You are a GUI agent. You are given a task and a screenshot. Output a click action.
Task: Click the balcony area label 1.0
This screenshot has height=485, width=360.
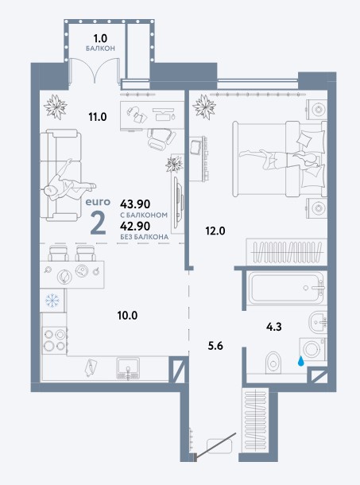(x=100, y=38)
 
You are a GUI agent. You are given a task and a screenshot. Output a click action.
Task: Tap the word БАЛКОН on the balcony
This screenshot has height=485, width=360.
(x=100, y=48)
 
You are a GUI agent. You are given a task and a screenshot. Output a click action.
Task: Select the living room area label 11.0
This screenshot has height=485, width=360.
(x=98, y=117)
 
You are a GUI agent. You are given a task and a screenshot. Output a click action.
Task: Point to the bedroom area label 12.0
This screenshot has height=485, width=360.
(x=215, y=231)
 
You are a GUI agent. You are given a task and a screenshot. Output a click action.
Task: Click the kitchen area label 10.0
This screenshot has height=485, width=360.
(x=127, y=315)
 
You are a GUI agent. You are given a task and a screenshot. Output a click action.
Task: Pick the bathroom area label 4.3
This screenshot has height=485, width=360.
(x=273, y=326)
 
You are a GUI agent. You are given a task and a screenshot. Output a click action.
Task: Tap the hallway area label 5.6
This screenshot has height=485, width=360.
(x=215, y=346)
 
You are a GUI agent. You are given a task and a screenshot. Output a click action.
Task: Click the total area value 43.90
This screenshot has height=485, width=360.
(x=135, y=204)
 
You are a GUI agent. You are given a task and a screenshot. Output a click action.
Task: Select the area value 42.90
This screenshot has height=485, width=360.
(x=135, y=226)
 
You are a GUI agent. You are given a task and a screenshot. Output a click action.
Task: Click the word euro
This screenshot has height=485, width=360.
(x=98, y=202)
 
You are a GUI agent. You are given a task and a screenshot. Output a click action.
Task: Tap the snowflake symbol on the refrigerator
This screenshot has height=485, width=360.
(x=52, y=300)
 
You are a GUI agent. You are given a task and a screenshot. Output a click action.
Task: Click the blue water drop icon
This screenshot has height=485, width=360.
(x=300, y=361)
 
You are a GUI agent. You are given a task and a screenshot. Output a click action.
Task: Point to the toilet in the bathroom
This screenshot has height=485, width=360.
(x=273, y=363)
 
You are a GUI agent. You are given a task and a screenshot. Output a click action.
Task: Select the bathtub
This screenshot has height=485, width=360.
(x=287, y=288)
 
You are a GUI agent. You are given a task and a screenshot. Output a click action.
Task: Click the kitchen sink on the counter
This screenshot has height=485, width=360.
(x=128, y=367)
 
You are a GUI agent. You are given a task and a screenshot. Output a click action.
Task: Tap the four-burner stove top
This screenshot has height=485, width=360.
(x=55, y=339)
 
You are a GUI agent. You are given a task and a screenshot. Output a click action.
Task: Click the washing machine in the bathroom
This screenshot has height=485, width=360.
(x=312, y=349)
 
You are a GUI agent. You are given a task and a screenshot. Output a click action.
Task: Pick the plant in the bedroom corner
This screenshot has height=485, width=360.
(x=204, y=107)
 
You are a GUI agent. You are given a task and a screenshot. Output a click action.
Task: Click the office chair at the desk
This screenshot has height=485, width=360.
(x=161, y=137)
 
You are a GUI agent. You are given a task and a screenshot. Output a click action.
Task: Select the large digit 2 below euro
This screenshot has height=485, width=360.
(x=99, y=223)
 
